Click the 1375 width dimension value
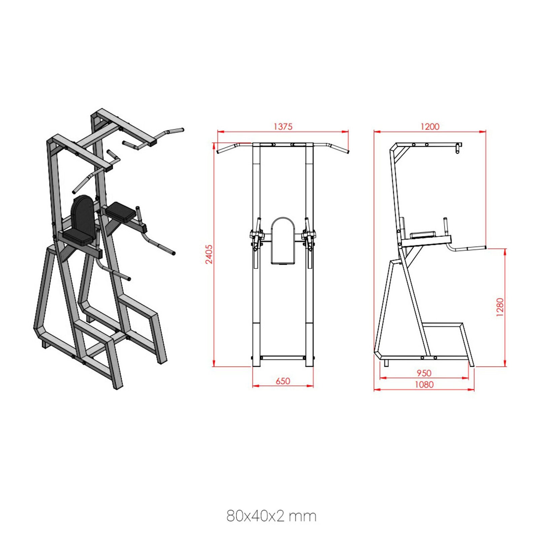point(283,127)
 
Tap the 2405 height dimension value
point(209,254)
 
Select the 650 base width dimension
point(283,381)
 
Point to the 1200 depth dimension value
point(430,127)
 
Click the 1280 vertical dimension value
point(500,307)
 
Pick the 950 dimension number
point(424,373)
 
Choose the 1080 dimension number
point(424,385)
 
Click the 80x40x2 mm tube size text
point(271,516)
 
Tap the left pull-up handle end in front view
point(219,152)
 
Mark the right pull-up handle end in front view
point(347,152)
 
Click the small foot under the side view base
point(386,363)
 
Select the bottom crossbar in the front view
point(283,358)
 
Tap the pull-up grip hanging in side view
point(457,148)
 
